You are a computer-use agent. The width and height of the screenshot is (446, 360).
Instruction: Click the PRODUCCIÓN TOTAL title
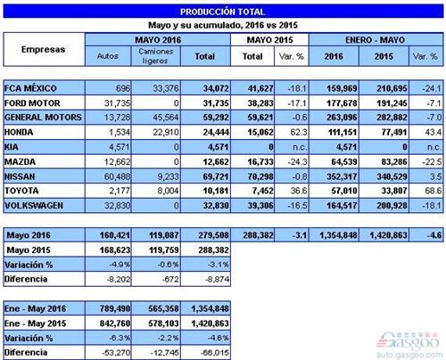click(x=222, y=11)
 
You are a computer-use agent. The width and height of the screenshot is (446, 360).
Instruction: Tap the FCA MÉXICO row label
click(x=36, y=88)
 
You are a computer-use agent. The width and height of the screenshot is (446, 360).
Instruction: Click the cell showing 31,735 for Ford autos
click(x=111, y=102)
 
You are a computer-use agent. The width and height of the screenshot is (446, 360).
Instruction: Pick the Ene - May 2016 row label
click(x=38, y=305)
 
